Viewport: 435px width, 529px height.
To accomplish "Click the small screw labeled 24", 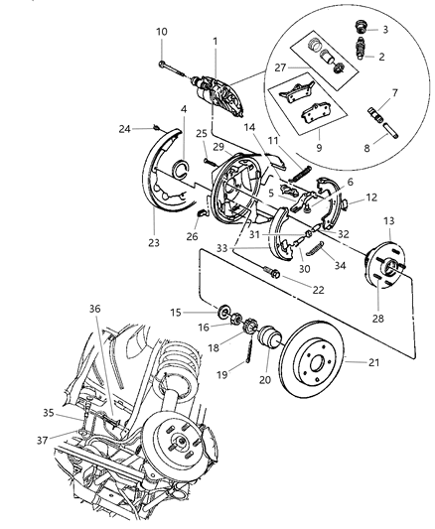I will (157, 126).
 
